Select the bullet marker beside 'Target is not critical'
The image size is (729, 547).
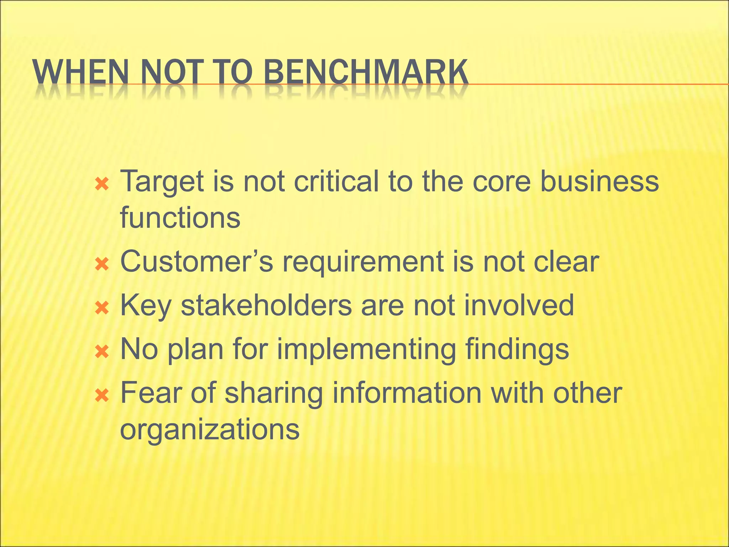click(102, 184)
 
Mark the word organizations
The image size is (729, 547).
click(210, 430)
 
